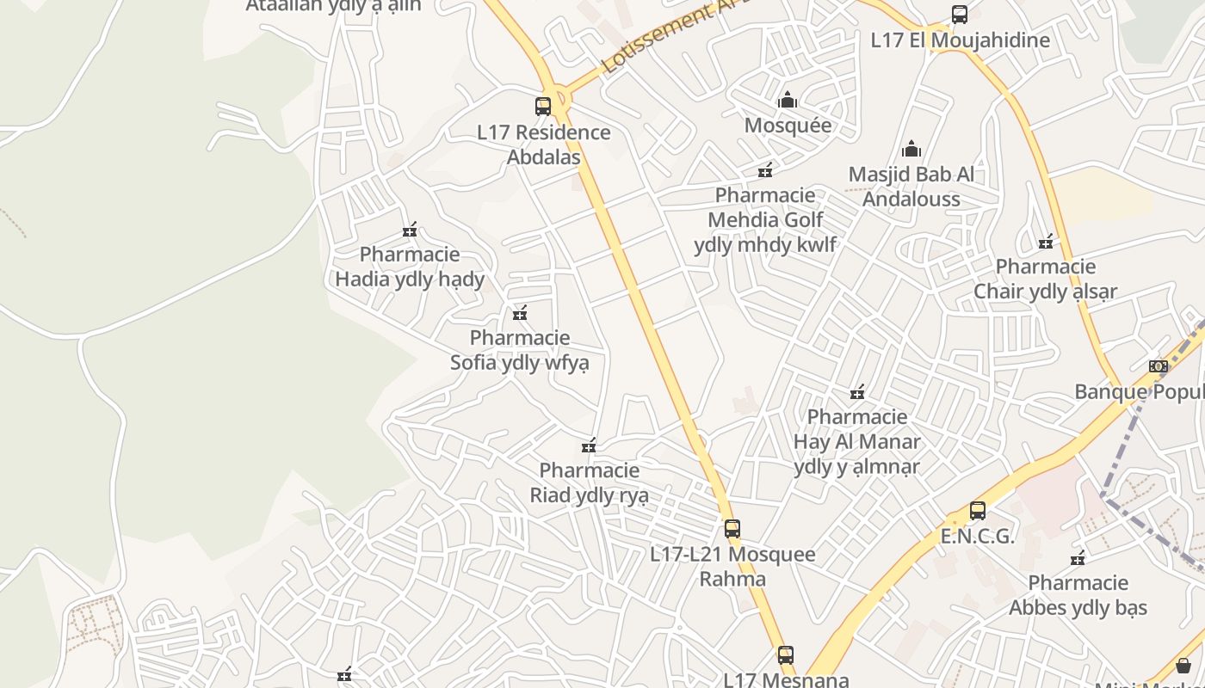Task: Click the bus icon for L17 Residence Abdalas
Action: (x=543, y=107)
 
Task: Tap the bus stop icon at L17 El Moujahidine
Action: (x=960, y=15)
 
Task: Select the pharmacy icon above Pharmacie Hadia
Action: (x=410, y=230)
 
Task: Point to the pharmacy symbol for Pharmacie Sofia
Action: (x=520, y=313)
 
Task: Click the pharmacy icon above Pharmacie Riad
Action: (x=589, y=445)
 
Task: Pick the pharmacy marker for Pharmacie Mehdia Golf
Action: (x=765, y=170)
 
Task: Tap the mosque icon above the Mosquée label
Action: (x=788, y=101)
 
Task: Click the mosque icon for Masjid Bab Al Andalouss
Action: (x=911, y=150)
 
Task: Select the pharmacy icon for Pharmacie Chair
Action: (x=1046, y=242)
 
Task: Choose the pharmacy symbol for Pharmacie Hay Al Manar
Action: (x=857, y=393)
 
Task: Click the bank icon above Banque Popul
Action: (x=1159, y=366)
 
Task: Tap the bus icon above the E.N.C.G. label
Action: (x=978, y=511)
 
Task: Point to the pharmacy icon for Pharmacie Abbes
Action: (x=1078, y=559)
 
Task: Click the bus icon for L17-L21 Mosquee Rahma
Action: (x=732, y=529)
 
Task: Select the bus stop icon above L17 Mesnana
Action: (x=786, y=655)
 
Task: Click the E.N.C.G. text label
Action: (x=978, y=537)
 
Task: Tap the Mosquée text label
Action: (x=788, y=126)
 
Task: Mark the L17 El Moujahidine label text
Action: (x=961, y=40)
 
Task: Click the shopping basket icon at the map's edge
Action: (x=1183, y=665)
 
